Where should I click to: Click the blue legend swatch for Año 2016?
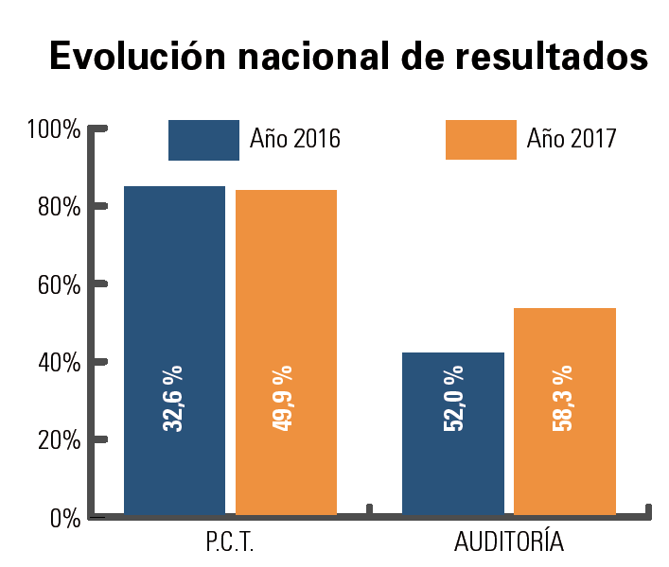203,140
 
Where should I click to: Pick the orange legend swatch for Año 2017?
481,140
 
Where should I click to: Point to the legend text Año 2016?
295,140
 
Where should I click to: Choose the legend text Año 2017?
572,140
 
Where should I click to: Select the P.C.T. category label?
230,543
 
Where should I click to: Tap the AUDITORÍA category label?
509,543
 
